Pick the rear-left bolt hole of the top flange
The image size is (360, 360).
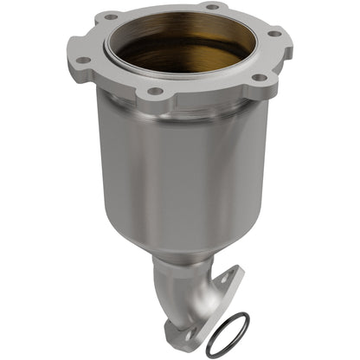pos(110,16)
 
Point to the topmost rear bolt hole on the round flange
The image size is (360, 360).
pos(211,7)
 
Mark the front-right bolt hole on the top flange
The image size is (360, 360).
pos(257,77)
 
